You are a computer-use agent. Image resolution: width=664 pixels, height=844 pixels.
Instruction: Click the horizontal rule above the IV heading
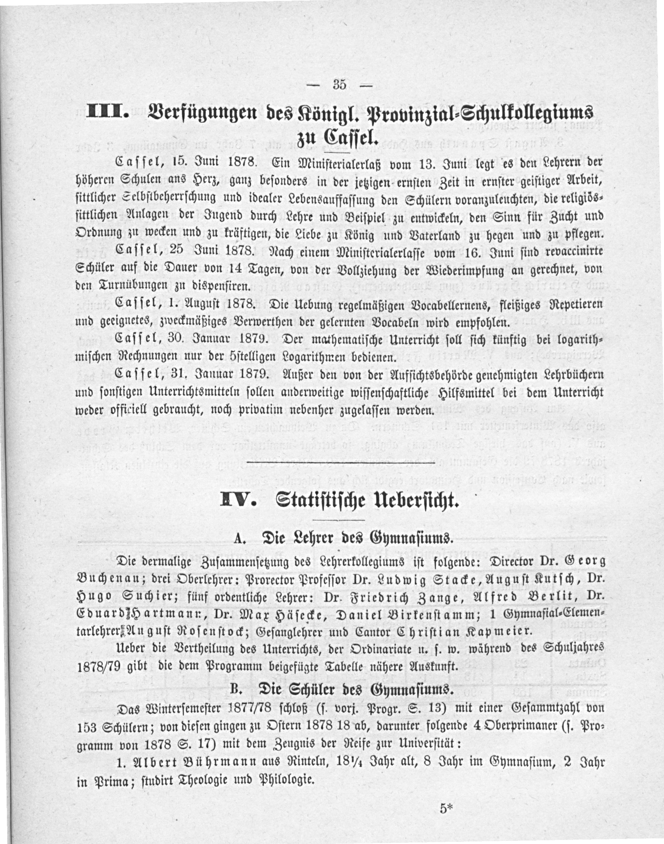341,463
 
